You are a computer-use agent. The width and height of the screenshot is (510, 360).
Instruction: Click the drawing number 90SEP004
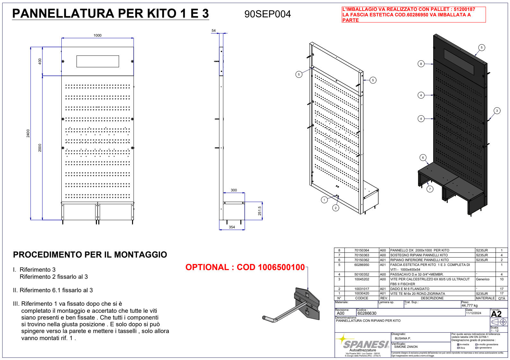pos(267,14)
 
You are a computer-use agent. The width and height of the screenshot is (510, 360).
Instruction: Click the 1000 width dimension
pos(97,35)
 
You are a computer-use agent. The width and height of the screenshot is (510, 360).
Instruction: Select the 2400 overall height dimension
pos(28,133)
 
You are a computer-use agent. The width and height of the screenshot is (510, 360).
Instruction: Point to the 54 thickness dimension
pos(214,31)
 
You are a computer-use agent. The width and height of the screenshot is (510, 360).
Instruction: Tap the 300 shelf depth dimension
pos(234,190)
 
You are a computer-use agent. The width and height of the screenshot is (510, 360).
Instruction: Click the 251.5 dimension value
pos(260,211)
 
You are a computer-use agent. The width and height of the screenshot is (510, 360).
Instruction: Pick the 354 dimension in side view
pos(232,227)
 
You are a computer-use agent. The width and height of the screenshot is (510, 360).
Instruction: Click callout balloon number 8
pos(421,64)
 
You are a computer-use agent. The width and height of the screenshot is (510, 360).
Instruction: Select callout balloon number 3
pos(497,111)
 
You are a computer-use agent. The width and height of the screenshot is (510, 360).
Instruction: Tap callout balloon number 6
pos(423,157)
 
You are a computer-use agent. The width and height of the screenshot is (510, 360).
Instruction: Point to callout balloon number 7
pos(430,189)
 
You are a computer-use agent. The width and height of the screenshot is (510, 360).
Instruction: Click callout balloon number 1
pos(324,200)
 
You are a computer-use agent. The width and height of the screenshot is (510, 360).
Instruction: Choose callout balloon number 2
pos(336,208)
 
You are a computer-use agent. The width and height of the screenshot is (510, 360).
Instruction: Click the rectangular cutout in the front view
pos(98,61)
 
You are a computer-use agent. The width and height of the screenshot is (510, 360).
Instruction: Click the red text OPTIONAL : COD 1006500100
pos(245,267)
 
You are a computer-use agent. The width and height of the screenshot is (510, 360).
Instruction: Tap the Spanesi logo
pos(363,344)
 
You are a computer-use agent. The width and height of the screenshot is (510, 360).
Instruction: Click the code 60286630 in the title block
pos(367,313)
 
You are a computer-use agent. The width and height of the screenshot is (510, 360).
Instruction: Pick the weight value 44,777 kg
pos(470,305)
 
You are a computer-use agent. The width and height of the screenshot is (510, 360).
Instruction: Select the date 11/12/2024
pos(474,313)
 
